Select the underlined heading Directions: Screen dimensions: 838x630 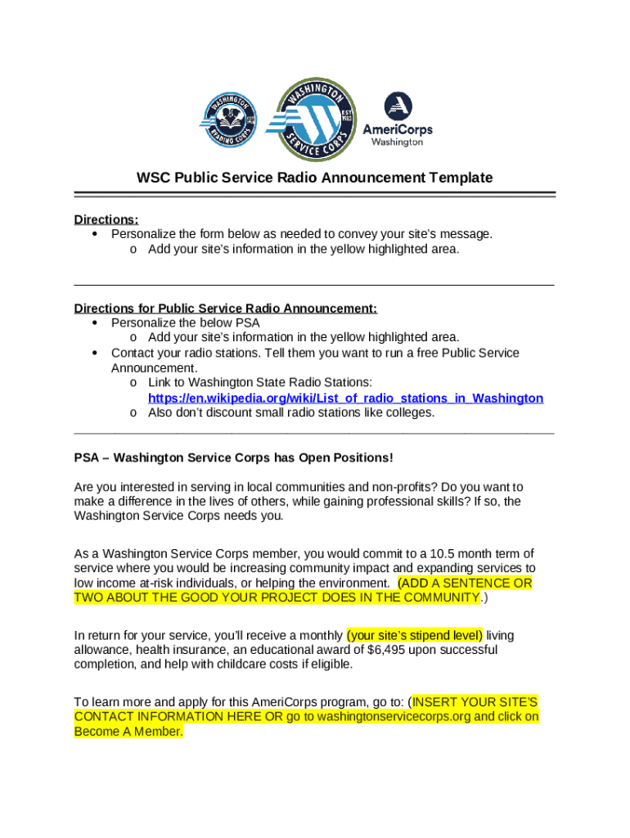pyautogui.click(x=106, y=219)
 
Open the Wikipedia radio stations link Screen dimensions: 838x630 pyautogui.click(x=345, y=398)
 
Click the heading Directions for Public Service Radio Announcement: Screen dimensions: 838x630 pyautogui.click(x=226, y=309)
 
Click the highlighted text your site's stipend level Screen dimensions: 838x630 pyautogui.click(x=415, y=634)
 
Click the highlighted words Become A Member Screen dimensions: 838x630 pyautogui.click(x=128, y=732)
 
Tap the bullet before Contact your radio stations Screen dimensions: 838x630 pyautogui.click(x=95, y=353)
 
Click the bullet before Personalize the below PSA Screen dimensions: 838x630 pyautogui.click(x=95, y=322)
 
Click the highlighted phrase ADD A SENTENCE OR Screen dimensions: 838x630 pyautogui.click(x=466, y=583)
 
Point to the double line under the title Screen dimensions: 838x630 pyautogui.click(x=315, y=195)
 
